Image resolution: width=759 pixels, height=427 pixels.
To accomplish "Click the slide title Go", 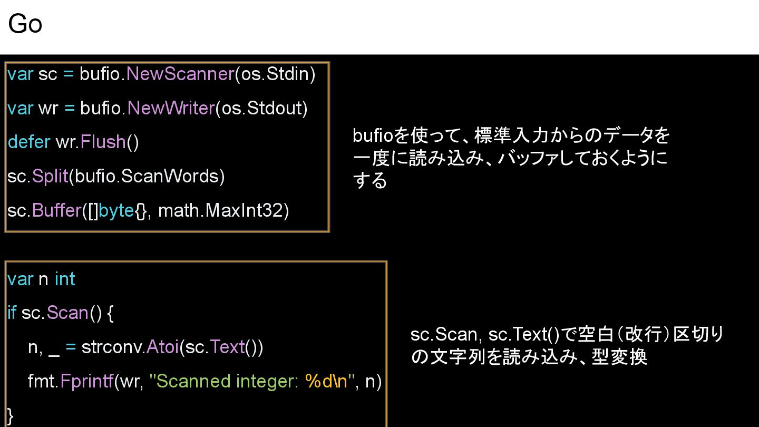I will pyautogui.click(x=25, y=24).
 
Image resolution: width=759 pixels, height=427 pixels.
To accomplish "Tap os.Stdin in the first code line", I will pyautogui.click(x=274, y=74).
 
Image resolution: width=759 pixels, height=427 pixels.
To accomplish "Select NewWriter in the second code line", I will pyautogui.click(x=171, y=108).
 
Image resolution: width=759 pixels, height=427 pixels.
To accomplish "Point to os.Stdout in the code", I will pyautogui.click(x=261, y=108).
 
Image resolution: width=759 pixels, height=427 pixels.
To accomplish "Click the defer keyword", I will pyautogui.click(x=29, y=142).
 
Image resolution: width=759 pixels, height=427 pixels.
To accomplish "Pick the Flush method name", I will pyautogui.click(x=103, y=142).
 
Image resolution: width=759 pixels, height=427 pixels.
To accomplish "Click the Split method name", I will pyautogui.click(x=50, y=176).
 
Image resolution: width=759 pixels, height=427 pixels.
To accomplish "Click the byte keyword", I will pyautogui.click(x=116, y=210).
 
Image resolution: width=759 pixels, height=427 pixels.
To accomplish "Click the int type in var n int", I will pyautogui.click(x=65, y=279).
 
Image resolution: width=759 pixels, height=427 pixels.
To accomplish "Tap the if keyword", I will pyautogui.click(x=12, y=313).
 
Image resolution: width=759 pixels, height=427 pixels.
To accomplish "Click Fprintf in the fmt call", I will pyautogui.click(x=86, y=381).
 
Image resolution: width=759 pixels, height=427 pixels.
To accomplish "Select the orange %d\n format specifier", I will pyautogui.click(x=326, y=381).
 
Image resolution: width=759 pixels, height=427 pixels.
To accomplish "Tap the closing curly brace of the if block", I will pyautogui.click(x=11, y=415).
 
